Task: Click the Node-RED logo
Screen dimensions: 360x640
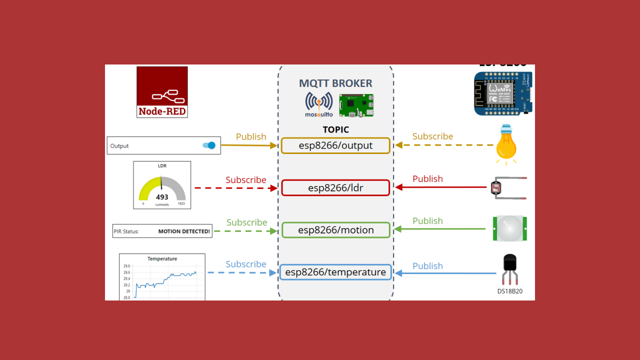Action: [x=162, y=92]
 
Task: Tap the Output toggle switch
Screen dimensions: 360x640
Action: [x=209, y=145]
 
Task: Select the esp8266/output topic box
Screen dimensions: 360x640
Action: [x=335, y=145]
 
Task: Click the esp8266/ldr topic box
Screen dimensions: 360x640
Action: [x=335, y=188]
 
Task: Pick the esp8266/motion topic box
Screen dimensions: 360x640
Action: [x=335, y=230]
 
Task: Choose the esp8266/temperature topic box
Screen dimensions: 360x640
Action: [x=335, y=272]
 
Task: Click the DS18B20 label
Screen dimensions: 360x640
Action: [x=509, y=291]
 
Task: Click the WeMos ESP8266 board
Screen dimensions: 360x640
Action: [x=502, y=93]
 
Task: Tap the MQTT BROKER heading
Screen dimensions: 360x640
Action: [x=335, y=83]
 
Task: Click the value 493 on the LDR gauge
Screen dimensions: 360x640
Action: [x=162, y=197]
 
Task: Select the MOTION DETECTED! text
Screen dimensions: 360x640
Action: [x=184, y=231]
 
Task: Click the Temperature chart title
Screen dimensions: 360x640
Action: [x=162, y=258]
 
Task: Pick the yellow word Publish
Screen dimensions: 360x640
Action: [x=251, y=136]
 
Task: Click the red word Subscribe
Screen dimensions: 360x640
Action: [x=245, y=179]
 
